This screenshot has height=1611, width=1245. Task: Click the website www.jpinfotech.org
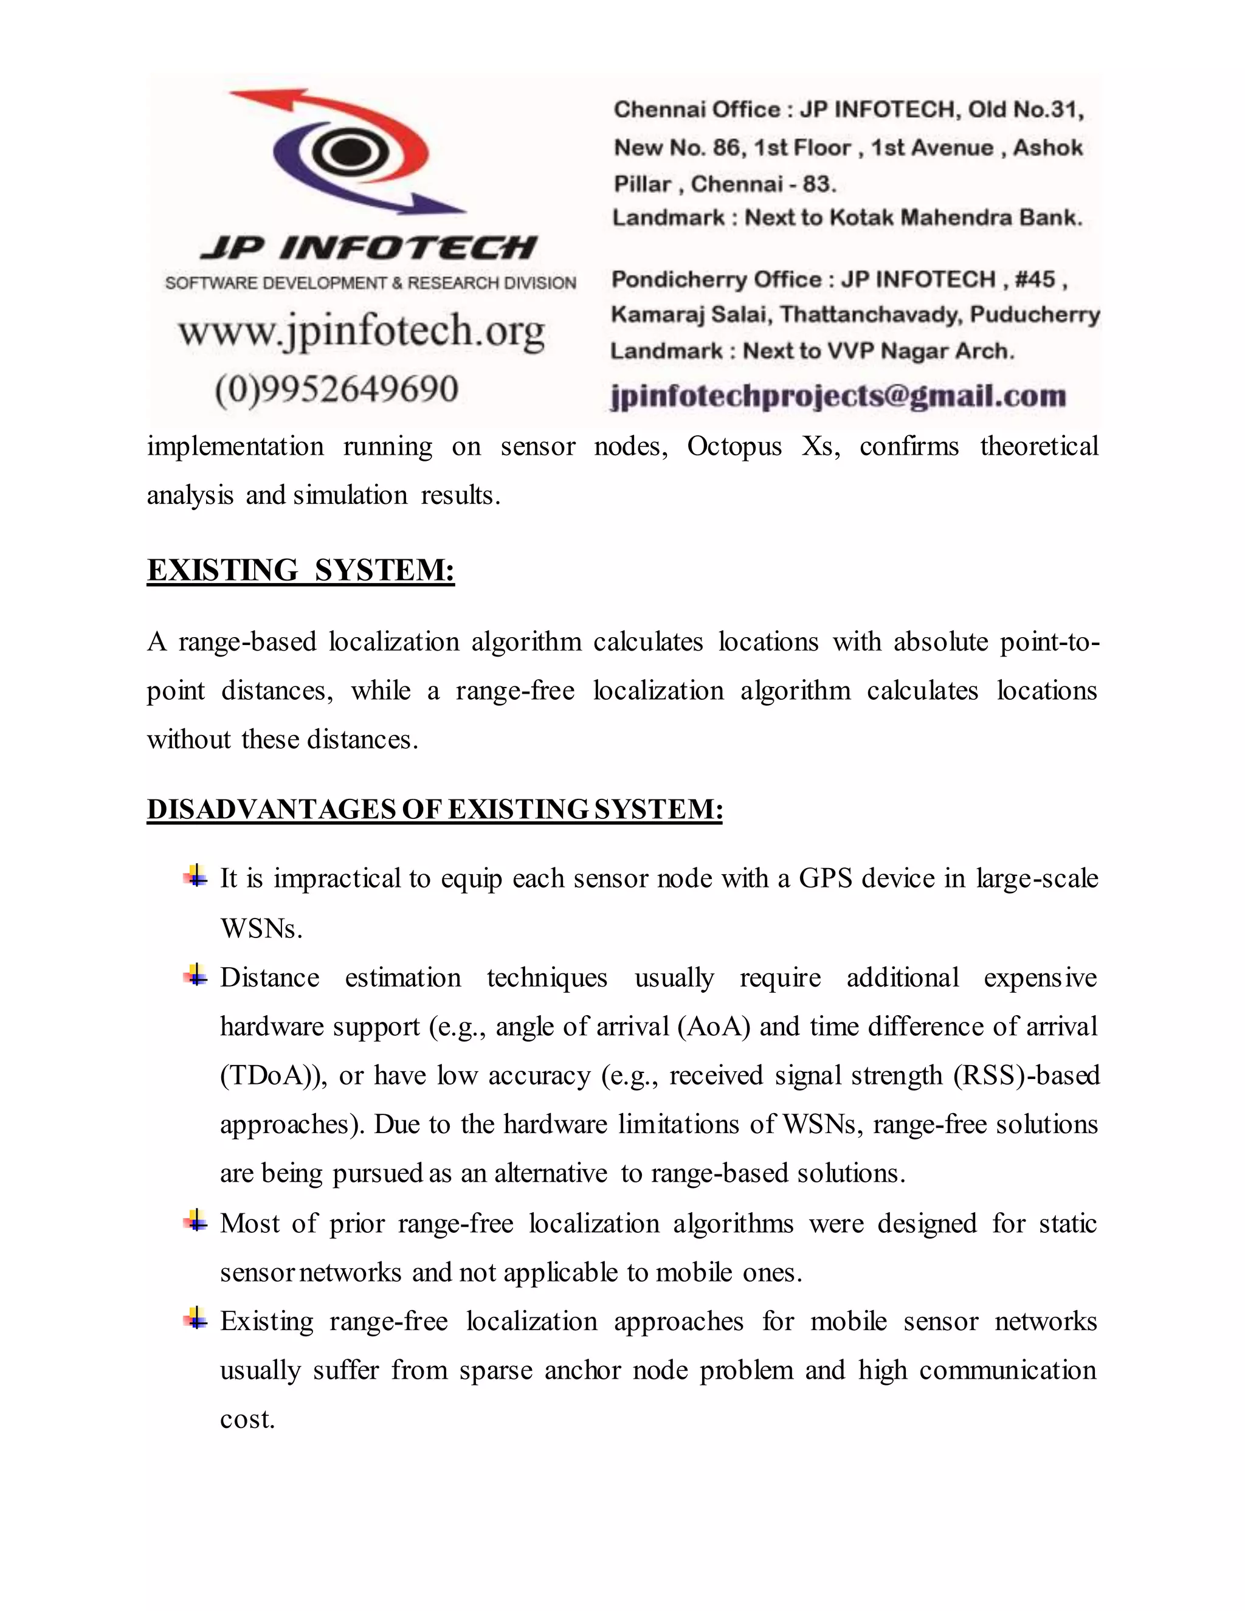tap(362, 331)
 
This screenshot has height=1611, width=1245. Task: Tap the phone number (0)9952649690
tap(336, 388)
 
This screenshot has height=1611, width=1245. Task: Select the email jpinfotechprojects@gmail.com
tap(838, 396)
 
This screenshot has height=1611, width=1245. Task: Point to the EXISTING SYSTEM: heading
tap(300, 570)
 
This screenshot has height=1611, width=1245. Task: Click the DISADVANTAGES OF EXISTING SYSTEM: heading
tap(435, 809)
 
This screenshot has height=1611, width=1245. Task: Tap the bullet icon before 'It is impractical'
tap(196, 876)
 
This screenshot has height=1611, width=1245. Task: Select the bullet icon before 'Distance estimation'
tap(196, 975)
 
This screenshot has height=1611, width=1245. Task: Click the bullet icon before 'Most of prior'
tap(196, 1221)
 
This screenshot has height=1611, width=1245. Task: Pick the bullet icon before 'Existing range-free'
tap(196, 1319)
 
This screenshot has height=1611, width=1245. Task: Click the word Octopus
tap(734, 446)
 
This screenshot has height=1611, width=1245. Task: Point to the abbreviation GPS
tap(824, 878)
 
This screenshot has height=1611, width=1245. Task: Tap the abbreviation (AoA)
tap(713, 1027)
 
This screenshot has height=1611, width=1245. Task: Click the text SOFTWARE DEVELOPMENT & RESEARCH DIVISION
tap(370, 283)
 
